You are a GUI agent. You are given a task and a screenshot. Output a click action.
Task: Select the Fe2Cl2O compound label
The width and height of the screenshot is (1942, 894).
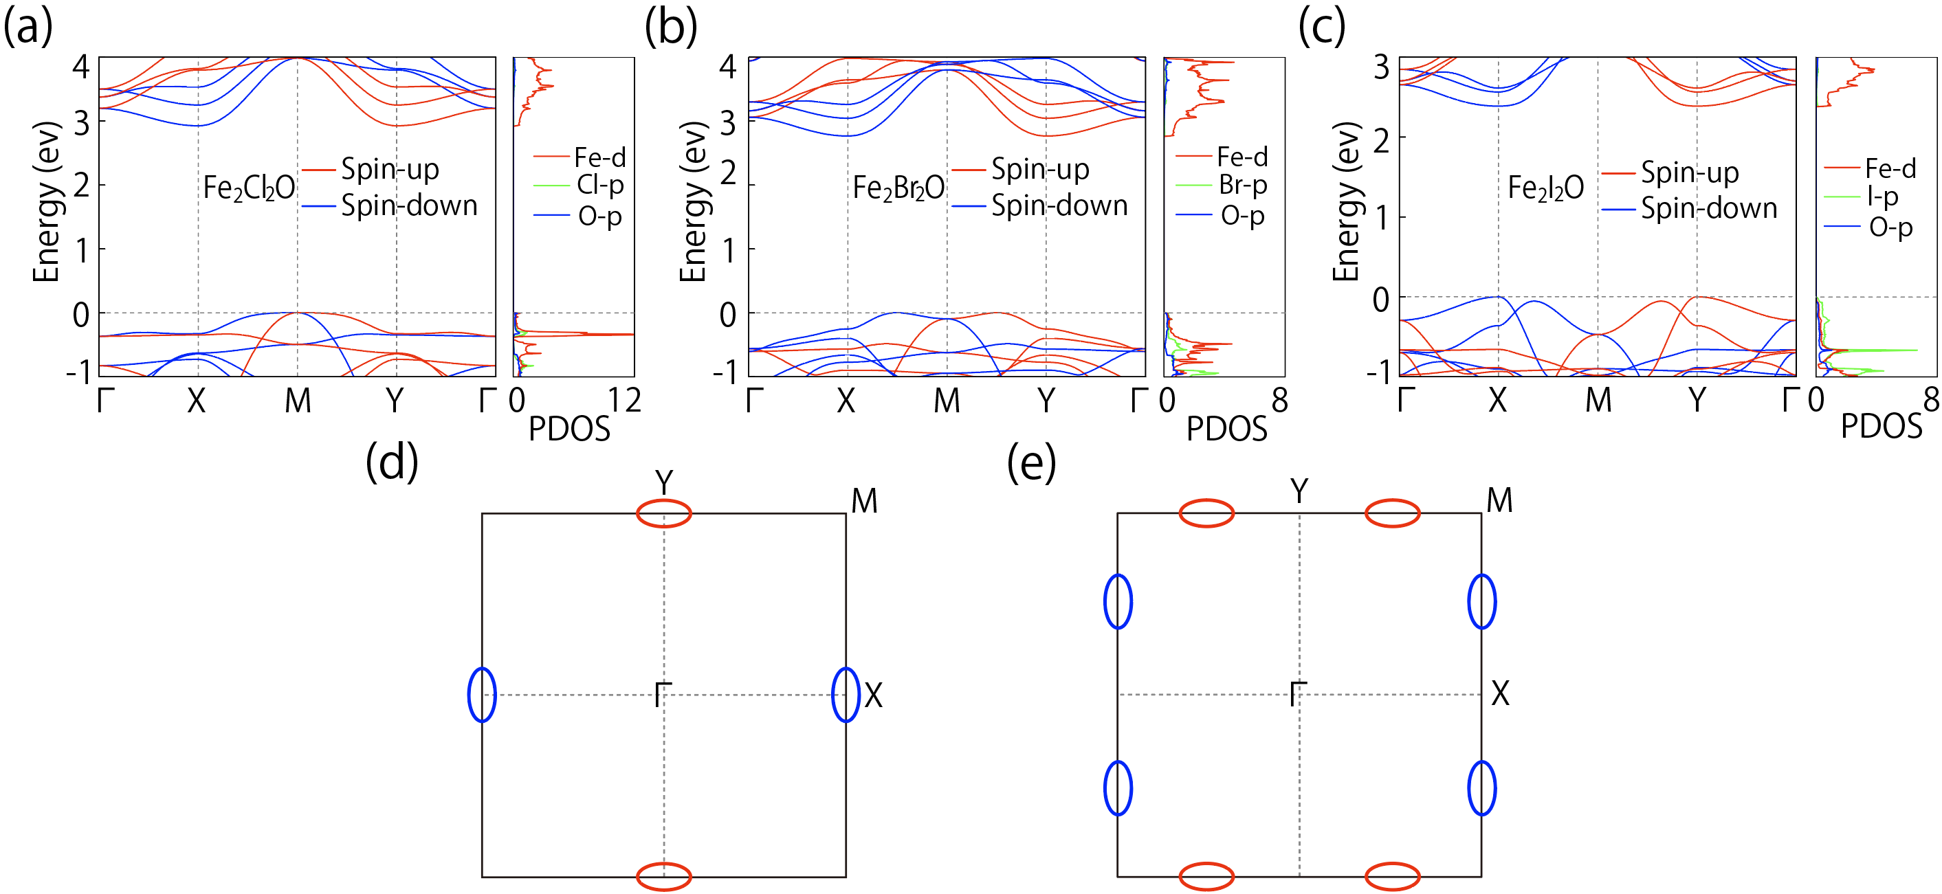click(x=249, y=188)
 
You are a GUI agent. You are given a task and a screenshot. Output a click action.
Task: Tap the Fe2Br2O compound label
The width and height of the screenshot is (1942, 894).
click(x=898, y=188)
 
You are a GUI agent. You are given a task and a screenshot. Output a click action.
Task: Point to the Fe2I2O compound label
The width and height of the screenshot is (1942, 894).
click(x=1545, y=188)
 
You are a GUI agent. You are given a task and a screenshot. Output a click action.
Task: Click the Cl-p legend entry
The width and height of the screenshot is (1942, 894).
click(x=600, y=185)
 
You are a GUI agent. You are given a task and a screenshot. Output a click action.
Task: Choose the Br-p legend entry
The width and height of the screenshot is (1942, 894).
click(x=1243, y=185)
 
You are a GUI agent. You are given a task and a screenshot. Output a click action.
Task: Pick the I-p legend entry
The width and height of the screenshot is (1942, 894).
click(x=1882, y=197)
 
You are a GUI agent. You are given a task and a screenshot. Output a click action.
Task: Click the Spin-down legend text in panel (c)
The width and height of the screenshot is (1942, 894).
click(x=1709, y=208)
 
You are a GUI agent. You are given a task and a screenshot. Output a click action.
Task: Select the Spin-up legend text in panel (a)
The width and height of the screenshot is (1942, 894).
click(x=390, y=169)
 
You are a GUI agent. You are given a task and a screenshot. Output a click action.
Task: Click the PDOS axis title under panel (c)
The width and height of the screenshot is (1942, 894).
click(x=1882, y=427)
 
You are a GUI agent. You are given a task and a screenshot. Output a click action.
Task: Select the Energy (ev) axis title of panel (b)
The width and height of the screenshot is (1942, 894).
click(x=694, y=202)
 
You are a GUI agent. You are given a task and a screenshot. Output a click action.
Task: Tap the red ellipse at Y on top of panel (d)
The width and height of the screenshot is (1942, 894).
click(x=663, y=513)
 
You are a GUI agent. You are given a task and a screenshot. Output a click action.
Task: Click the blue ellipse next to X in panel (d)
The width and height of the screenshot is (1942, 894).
click(x=845, y=695)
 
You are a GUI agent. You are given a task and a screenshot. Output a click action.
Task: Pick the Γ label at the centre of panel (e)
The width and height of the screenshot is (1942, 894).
click(x=1297, y=694)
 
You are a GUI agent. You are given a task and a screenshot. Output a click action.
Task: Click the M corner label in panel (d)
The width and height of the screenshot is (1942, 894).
click(x=864, y=501)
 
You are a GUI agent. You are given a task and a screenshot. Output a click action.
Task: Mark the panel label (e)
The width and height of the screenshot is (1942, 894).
click(x=1031, y=463)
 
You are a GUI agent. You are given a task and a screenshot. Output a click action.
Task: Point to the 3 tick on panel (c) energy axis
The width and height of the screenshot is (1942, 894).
click(x=1381, y=68)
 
